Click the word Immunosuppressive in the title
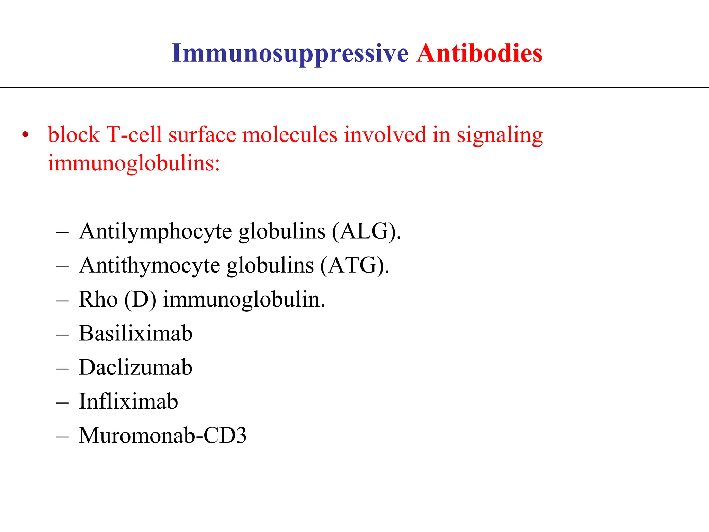[x=290, y=54]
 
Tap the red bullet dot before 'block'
[x=25, y=135]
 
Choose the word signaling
[x=500, y=135]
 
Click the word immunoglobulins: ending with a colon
[x=134, y=163]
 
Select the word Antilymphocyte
[x=155, y=231]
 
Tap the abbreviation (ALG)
[x=367, y=231]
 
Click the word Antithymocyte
[x=150, y=265]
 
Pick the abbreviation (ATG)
[x=354, y=265]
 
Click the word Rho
[x=98, y=299]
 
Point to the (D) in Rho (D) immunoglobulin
[x=140, y=299]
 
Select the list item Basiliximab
[x=136, y=333]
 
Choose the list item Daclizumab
[x=136, y=367]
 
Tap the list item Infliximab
[x=128, y=401]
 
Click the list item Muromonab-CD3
[x=163, y=435]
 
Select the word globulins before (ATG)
[x=270, y=265]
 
